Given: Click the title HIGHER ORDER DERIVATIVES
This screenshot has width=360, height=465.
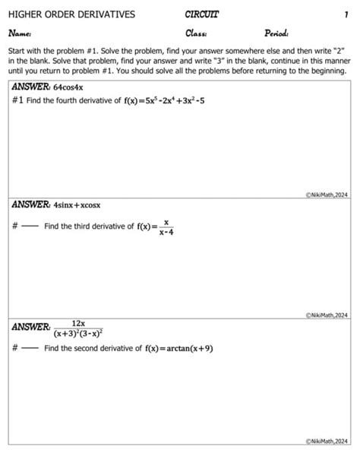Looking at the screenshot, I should coord(71,14).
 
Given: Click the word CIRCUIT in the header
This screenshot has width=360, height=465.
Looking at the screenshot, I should coord(201,14).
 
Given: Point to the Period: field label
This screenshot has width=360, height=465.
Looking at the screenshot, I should coord(278,33).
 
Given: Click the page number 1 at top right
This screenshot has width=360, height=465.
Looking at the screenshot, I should coord(346,14).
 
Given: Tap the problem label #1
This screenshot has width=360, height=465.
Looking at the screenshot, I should coord(17,101).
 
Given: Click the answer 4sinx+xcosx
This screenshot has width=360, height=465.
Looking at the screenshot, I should coord(77,205).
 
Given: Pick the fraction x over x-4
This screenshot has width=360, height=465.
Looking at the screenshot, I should coord(166,226).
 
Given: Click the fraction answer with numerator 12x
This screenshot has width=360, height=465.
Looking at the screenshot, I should coord(78,327).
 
